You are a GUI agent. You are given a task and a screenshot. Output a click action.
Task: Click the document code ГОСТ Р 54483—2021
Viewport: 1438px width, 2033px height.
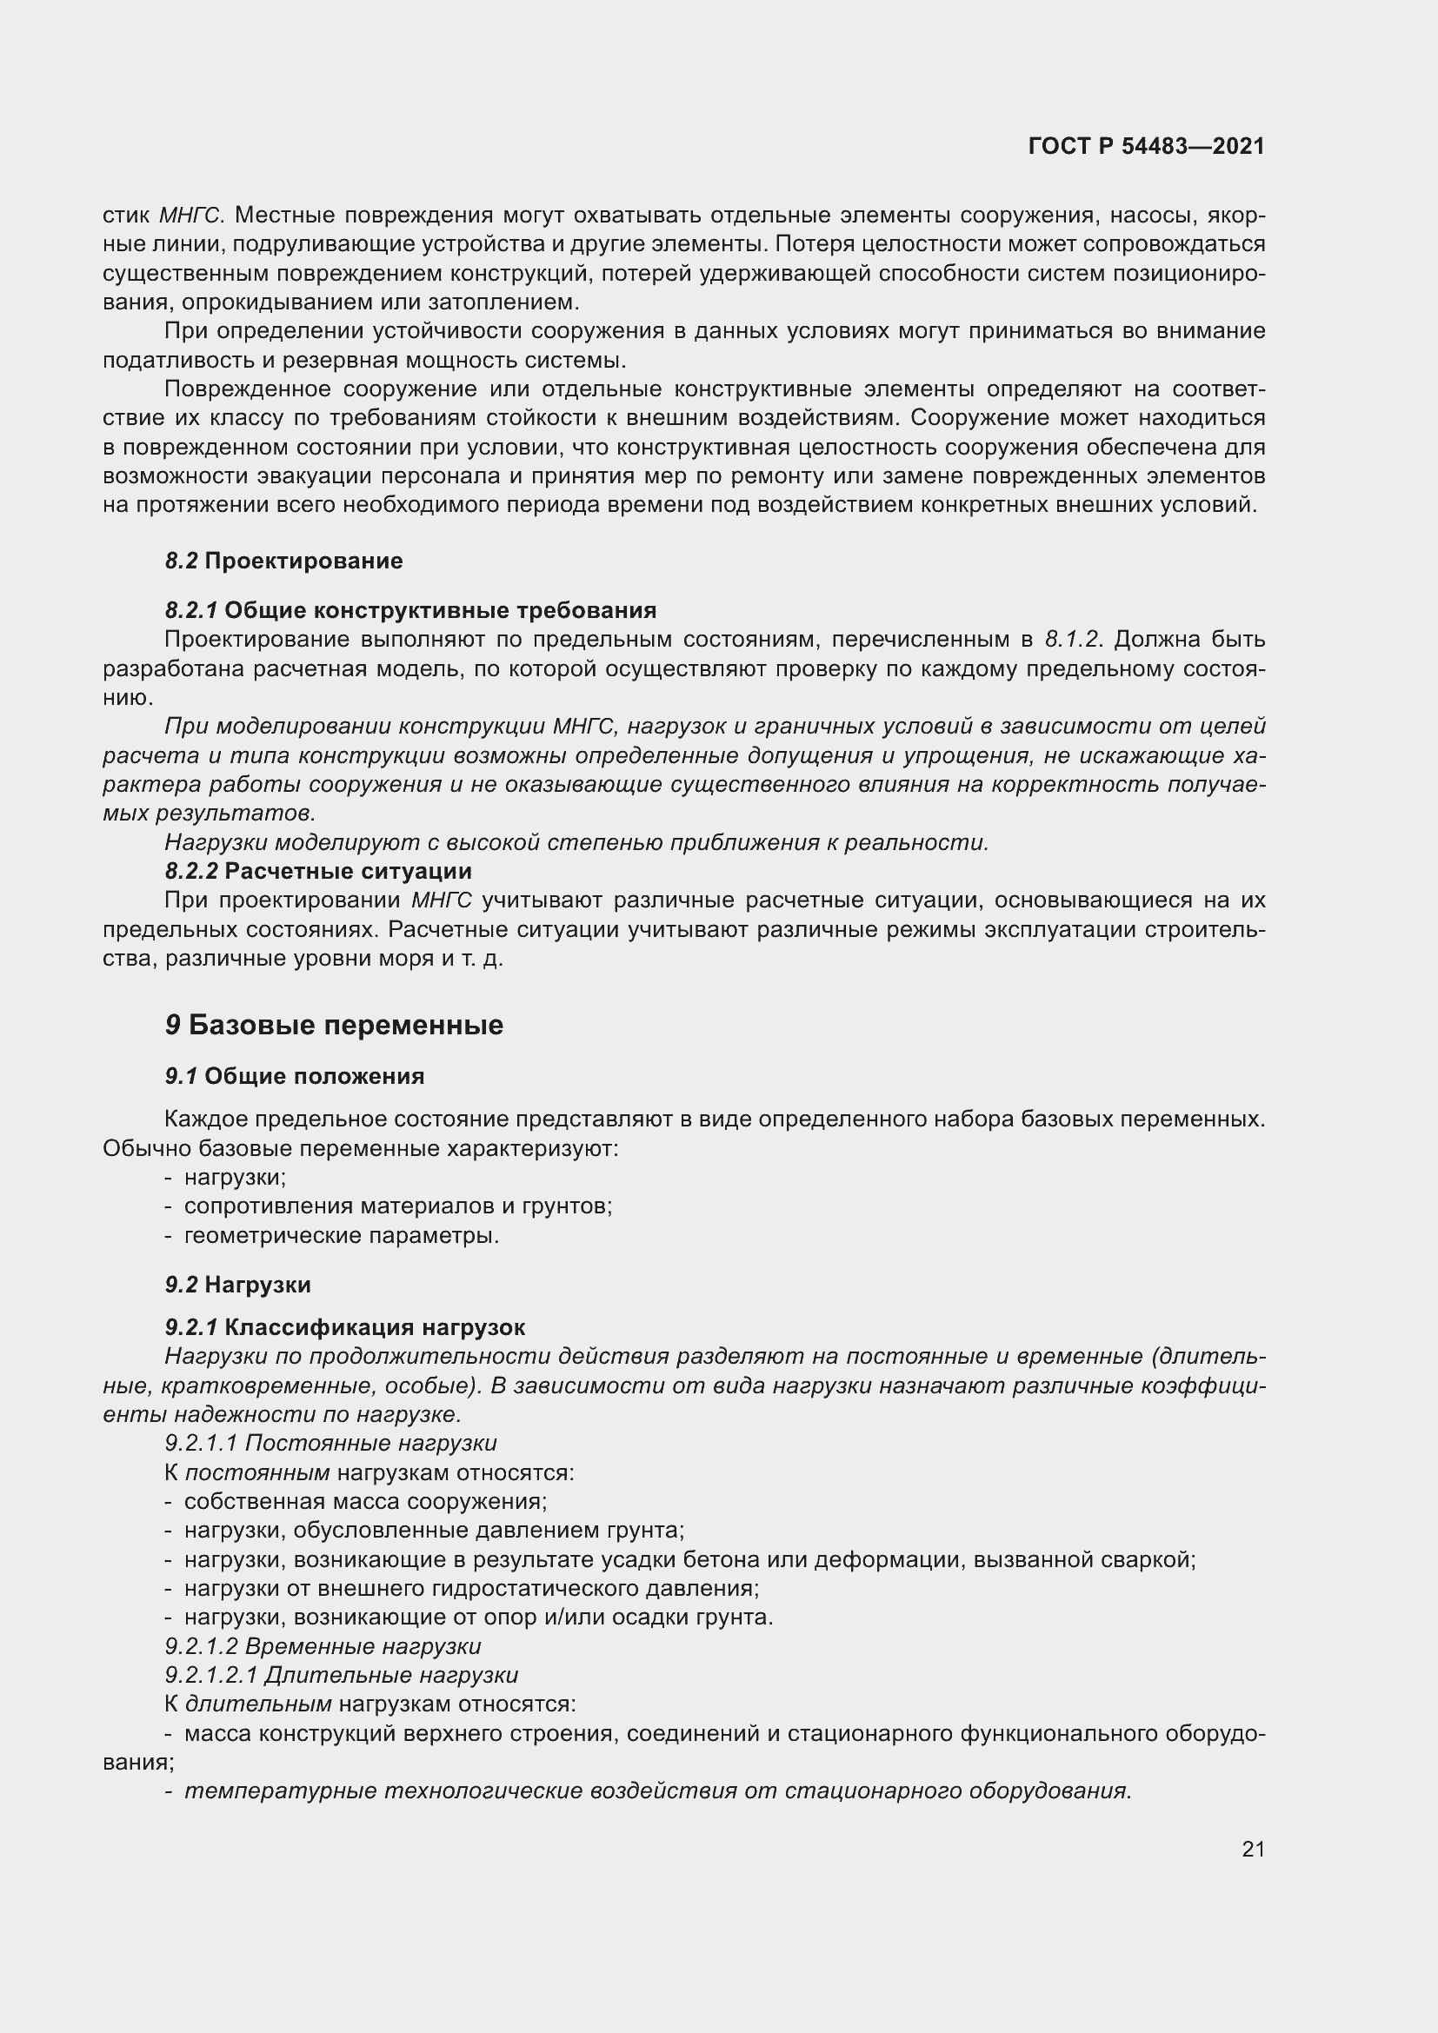[1146, 146]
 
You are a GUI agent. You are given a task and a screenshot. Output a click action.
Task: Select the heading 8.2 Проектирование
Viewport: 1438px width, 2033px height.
[283, 561]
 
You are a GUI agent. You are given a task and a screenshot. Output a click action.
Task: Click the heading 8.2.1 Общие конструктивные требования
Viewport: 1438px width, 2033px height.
[410, 610]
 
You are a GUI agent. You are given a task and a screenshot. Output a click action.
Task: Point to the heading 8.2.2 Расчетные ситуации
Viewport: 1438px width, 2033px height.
[318, 870]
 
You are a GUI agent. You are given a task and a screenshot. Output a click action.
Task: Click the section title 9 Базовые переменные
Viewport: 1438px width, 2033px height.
[334, 1025]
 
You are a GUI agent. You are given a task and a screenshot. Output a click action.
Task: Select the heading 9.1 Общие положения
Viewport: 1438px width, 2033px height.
[294, 1076]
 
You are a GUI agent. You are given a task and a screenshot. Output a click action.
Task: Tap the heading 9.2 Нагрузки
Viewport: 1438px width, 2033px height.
[237, 1284]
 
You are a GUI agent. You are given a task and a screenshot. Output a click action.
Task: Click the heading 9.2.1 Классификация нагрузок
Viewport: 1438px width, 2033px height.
[344, 1326]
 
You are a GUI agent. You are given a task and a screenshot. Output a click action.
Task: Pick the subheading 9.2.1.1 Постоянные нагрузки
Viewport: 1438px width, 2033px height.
[330, 1443]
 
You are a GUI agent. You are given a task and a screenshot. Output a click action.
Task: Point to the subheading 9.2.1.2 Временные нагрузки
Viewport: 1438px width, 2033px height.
[323, 1646]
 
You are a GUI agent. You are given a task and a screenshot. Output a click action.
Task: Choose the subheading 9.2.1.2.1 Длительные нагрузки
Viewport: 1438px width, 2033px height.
[341, 1674]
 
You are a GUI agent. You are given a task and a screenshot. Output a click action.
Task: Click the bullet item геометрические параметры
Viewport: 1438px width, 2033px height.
[341, 1235]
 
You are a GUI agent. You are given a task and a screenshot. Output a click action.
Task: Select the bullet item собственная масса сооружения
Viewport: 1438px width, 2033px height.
[365, 1501]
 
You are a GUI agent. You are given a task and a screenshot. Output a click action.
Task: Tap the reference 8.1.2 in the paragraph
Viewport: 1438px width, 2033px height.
[1070, 640]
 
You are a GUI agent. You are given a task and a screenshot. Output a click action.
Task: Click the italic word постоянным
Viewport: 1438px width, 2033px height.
[256, 1472]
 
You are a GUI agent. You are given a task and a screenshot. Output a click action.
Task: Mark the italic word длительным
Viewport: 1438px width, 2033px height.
[257, 1704]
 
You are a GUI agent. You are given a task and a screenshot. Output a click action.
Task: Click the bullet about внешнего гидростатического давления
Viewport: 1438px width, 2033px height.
[471, 1588]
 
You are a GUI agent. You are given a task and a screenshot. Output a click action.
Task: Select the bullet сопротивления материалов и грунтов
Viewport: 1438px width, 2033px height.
[397, 1206]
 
